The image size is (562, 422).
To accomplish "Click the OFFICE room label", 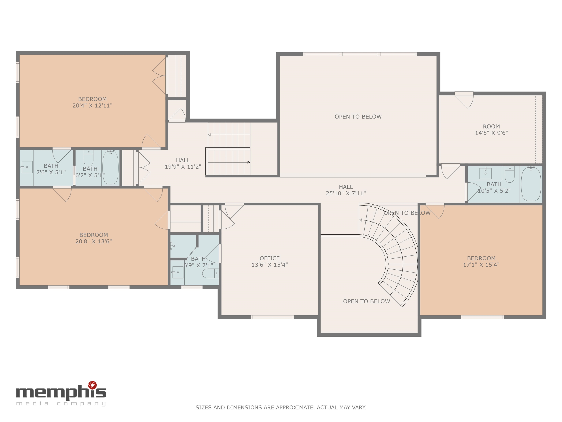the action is (x=270, y=258).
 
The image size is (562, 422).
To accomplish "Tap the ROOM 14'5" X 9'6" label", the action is (x=491, y=129).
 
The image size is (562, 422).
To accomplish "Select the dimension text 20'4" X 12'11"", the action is (x=93, y=105).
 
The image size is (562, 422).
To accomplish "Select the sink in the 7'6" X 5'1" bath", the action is (x=27, y=167).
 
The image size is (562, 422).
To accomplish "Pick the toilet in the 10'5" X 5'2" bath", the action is (x=510, y=174).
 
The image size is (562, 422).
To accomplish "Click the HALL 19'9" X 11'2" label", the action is (x=183, y=163).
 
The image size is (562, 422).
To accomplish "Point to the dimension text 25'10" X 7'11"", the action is (x=346, y=193).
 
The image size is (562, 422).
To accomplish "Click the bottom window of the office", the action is (x=272, y=317).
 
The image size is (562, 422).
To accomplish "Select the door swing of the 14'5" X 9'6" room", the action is (x=464, y=101).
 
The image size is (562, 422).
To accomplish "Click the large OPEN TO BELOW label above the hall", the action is (x=358, y=117).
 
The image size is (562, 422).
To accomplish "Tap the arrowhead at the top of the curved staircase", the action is (x=360, y=220).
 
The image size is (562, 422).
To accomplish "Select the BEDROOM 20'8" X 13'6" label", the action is (x=93, y=238).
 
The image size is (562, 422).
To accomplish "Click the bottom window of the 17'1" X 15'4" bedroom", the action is (x=482, y=317).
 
